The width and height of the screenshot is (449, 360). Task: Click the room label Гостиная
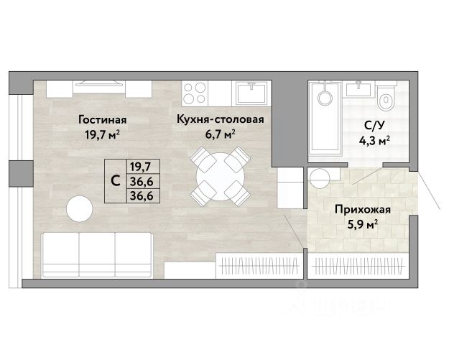click(102, 120)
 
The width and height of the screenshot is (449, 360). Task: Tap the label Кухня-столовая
click(221, 119)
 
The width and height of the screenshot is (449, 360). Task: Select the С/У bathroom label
click(374, 126)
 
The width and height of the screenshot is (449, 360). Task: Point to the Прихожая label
click(363, 209)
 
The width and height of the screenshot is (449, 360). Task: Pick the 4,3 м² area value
click(374, 141)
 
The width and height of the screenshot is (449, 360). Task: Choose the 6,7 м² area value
click(221, 134)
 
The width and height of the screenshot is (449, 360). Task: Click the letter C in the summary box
click(116, 181)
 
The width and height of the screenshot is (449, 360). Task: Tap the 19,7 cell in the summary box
click(140, 167)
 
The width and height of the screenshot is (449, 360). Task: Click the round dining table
click(221, 177)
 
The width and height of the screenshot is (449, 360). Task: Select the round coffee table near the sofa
click(79, 209)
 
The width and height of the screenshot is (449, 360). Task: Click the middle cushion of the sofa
click(97, 254)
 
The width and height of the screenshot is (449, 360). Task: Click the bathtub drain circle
click(325, 98)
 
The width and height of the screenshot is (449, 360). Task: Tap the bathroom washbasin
click(358, 90)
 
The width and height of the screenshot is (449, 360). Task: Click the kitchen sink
click(252, 92)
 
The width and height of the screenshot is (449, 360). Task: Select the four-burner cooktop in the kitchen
click(195, 93)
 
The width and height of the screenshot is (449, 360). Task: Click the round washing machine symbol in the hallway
click(320, 178)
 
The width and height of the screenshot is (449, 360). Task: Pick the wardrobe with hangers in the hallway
click(358, 266)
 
